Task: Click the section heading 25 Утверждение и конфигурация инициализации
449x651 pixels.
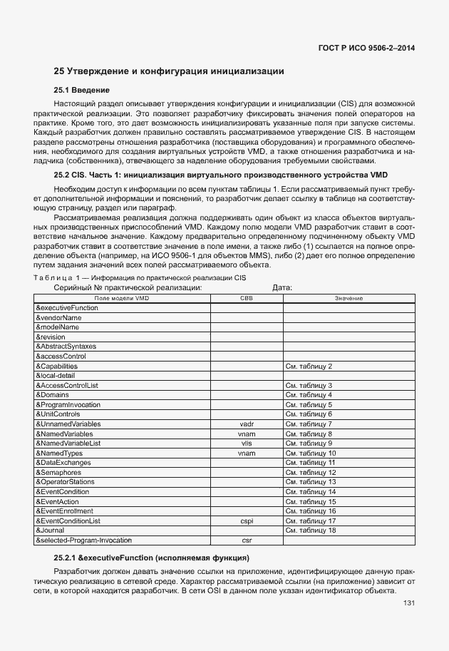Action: (170, 71)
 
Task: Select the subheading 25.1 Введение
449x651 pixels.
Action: (82, 90)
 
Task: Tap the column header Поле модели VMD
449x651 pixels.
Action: (122, 297)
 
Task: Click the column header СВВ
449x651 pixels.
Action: (246, 297)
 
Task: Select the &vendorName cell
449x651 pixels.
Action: (58, 317)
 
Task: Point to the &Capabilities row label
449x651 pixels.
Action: (56, 366)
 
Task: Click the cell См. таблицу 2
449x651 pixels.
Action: (309, 366)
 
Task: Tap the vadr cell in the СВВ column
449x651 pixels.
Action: (246, 424)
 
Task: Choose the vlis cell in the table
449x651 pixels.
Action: (246, 444)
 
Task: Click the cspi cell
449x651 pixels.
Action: (246, 521)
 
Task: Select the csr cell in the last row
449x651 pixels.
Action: (246, 540)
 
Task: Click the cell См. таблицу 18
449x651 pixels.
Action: (311, 530)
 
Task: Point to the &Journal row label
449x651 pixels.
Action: (50, 530)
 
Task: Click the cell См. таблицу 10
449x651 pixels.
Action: (311, 453)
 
